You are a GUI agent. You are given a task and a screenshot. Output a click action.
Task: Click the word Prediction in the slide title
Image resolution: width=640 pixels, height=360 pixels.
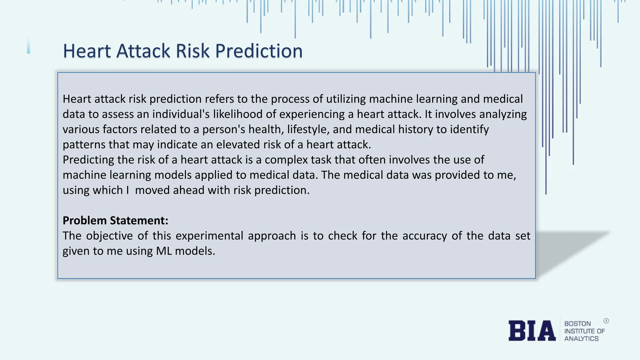click(259, 51)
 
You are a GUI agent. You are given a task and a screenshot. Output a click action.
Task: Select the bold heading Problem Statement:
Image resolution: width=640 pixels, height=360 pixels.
click(115, 221)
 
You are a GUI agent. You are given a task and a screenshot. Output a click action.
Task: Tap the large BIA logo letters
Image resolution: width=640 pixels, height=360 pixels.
click(532, 331)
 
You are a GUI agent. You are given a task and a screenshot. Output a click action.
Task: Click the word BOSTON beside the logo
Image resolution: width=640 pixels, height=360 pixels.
click(577, 324)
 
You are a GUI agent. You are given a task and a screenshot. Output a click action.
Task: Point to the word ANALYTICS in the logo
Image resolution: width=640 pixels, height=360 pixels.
click(581, 339)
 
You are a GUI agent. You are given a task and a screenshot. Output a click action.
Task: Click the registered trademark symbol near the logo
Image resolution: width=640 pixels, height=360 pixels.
click(606, 321)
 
